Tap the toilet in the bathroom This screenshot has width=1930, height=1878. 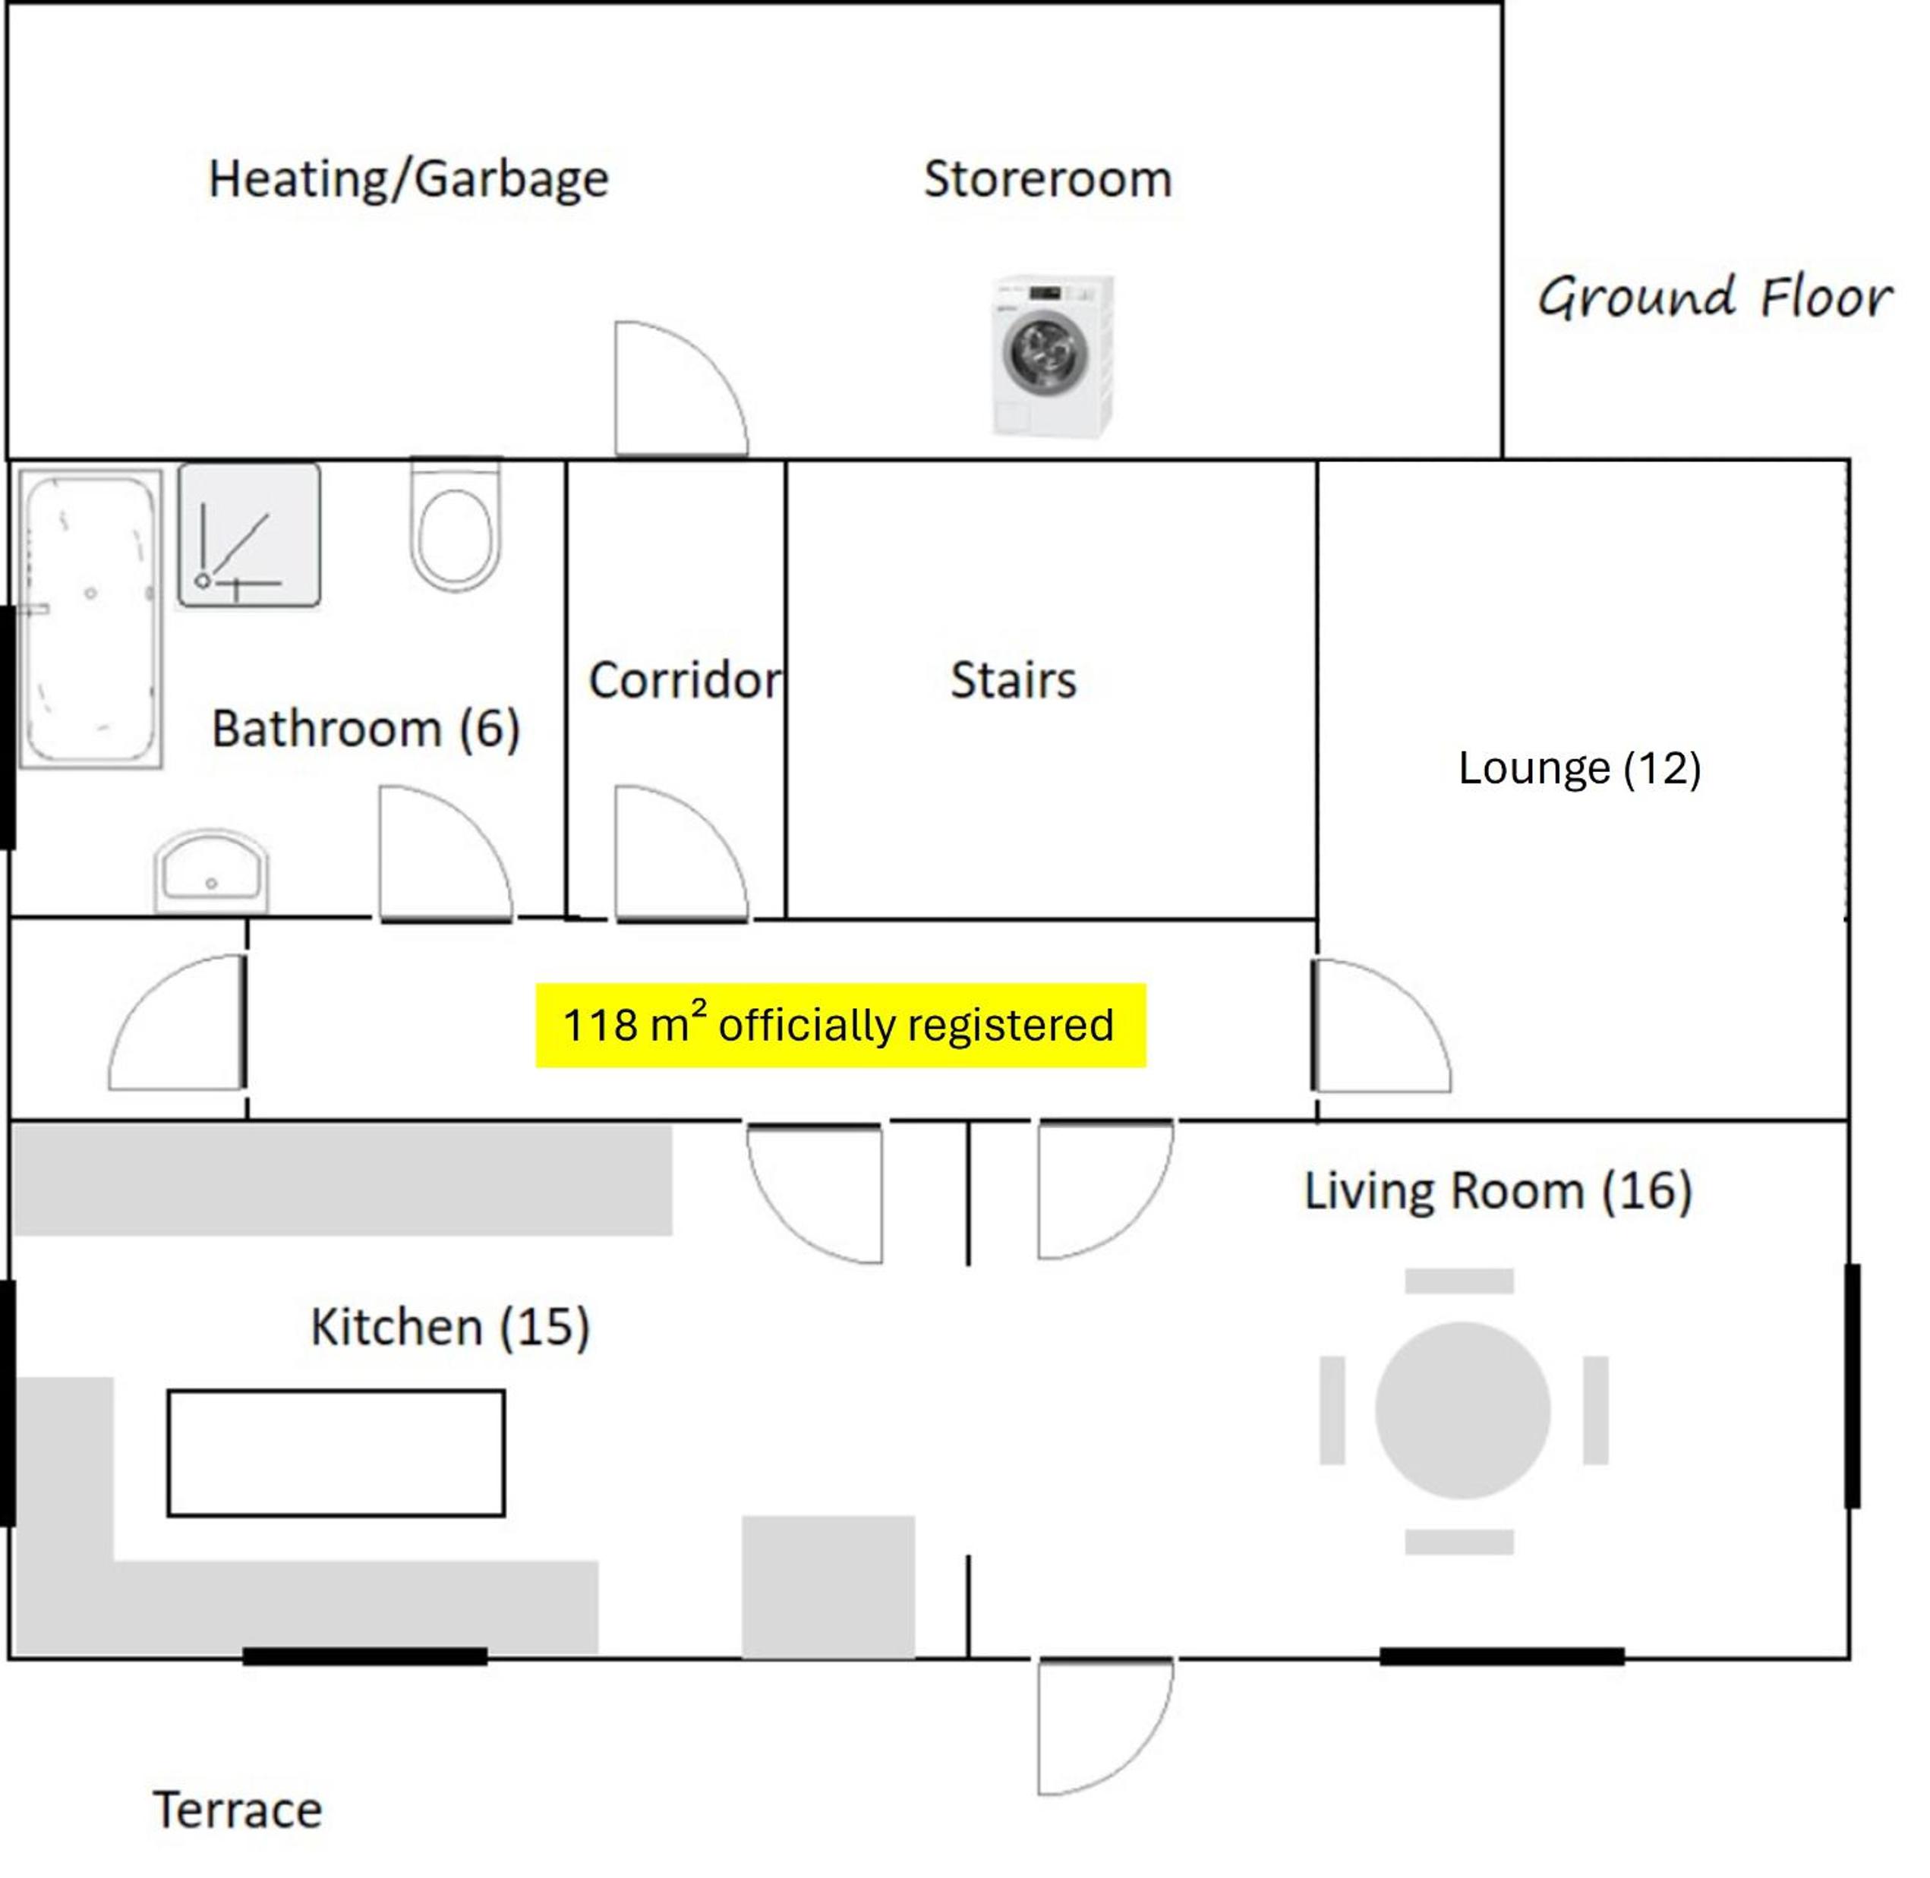coord(455,523)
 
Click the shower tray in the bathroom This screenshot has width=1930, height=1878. coord(248,536)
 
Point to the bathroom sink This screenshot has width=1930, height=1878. coord(211,870)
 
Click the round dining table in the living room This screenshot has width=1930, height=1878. coord(1462,1410)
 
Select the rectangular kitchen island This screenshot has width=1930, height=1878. coord(336,1453)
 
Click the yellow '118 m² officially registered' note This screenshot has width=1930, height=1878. coord(840,1025)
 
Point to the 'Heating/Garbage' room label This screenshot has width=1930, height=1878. coord(408,179)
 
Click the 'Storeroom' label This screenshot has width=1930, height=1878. coord(1048,178)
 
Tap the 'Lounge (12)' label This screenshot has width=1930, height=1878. coord(1580,767)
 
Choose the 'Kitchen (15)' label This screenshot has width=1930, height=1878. coord(450,1327)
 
